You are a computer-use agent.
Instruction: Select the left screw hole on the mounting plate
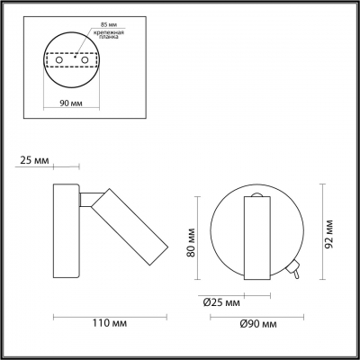point(59,60)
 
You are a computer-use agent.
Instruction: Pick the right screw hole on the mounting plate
point(85,60)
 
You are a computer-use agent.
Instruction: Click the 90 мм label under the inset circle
point(71,103)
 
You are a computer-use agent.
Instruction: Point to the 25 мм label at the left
point(34,160)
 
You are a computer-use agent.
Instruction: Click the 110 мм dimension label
point(109,323)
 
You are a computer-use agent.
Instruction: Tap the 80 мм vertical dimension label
point(191,242)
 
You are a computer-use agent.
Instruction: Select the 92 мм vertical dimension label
point(329,234)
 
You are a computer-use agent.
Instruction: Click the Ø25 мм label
point(221,302)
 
